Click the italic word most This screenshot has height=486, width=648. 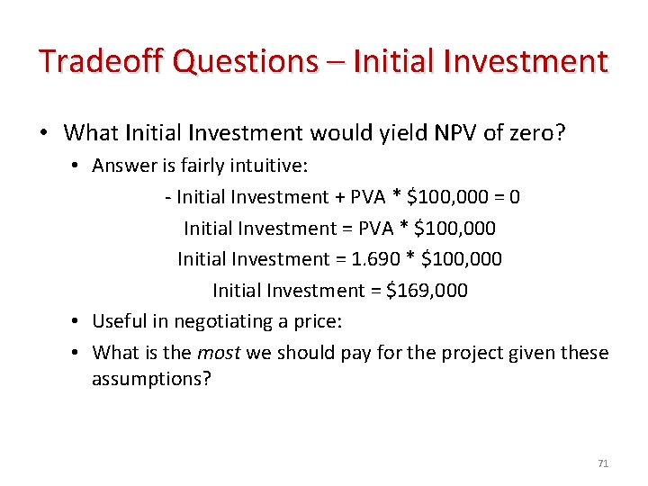[220, 353]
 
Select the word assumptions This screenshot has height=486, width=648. [151, 378]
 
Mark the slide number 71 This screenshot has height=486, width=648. [603, 463]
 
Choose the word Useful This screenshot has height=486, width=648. [120, 321]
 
